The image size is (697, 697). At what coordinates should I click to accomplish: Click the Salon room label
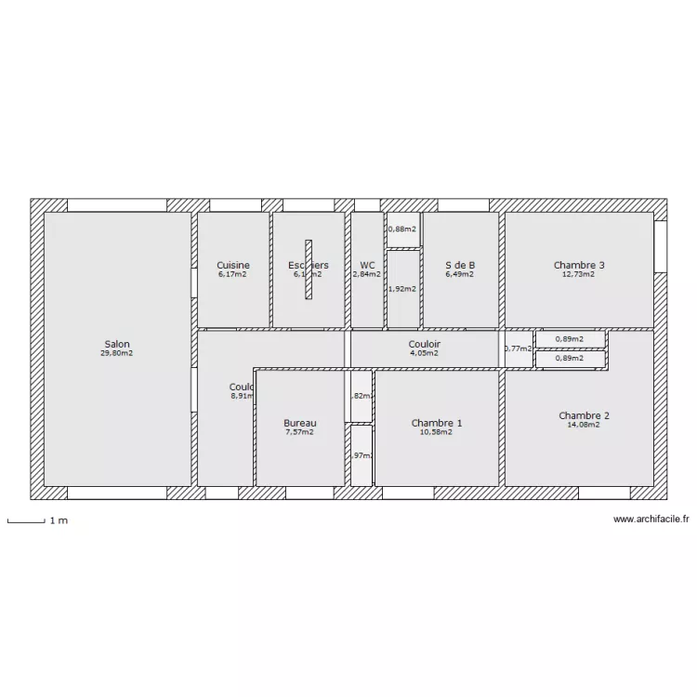point(117,344)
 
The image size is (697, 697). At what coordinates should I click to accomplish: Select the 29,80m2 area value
point(117,353)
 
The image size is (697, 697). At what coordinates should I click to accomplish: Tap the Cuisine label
point(232,265)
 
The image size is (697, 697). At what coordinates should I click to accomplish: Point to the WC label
point(367,265)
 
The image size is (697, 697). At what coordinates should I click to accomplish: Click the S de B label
point(459,265)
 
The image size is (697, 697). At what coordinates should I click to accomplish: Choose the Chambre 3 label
point(578,265)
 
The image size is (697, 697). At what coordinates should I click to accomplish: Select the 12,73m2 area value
point(578,274)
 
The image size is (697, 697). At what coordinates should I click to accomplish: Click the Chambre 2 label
point(584,415)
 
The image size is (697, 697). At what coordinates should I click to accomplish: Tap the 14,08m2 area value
point(584,425)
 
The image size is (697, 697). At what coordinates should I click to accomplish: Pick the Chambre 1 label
point(437,423)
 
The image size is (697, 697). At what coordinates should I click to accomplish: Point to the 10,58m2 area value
point(437,432)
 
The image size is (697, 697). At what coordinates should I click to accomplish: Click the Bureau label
point(299,423)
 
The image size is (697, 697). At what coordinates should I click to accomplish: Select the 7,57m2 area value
point(299,432)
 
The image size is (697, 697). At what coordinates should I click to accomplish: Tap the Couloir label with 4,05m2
point(424,344)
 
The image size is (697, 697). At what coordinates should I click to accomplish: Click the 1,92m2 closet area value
point(402,288)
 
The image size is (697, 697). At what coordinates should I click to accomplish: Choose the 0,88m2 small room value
point(401,229)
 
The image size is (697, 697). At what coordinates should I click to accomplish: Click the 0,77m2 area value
point(518,349)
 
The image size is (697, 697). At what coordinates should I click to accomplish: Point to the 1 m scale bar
point(26,521)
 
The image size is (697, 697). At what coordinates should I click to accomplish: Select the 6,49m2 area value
point(459,274)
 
